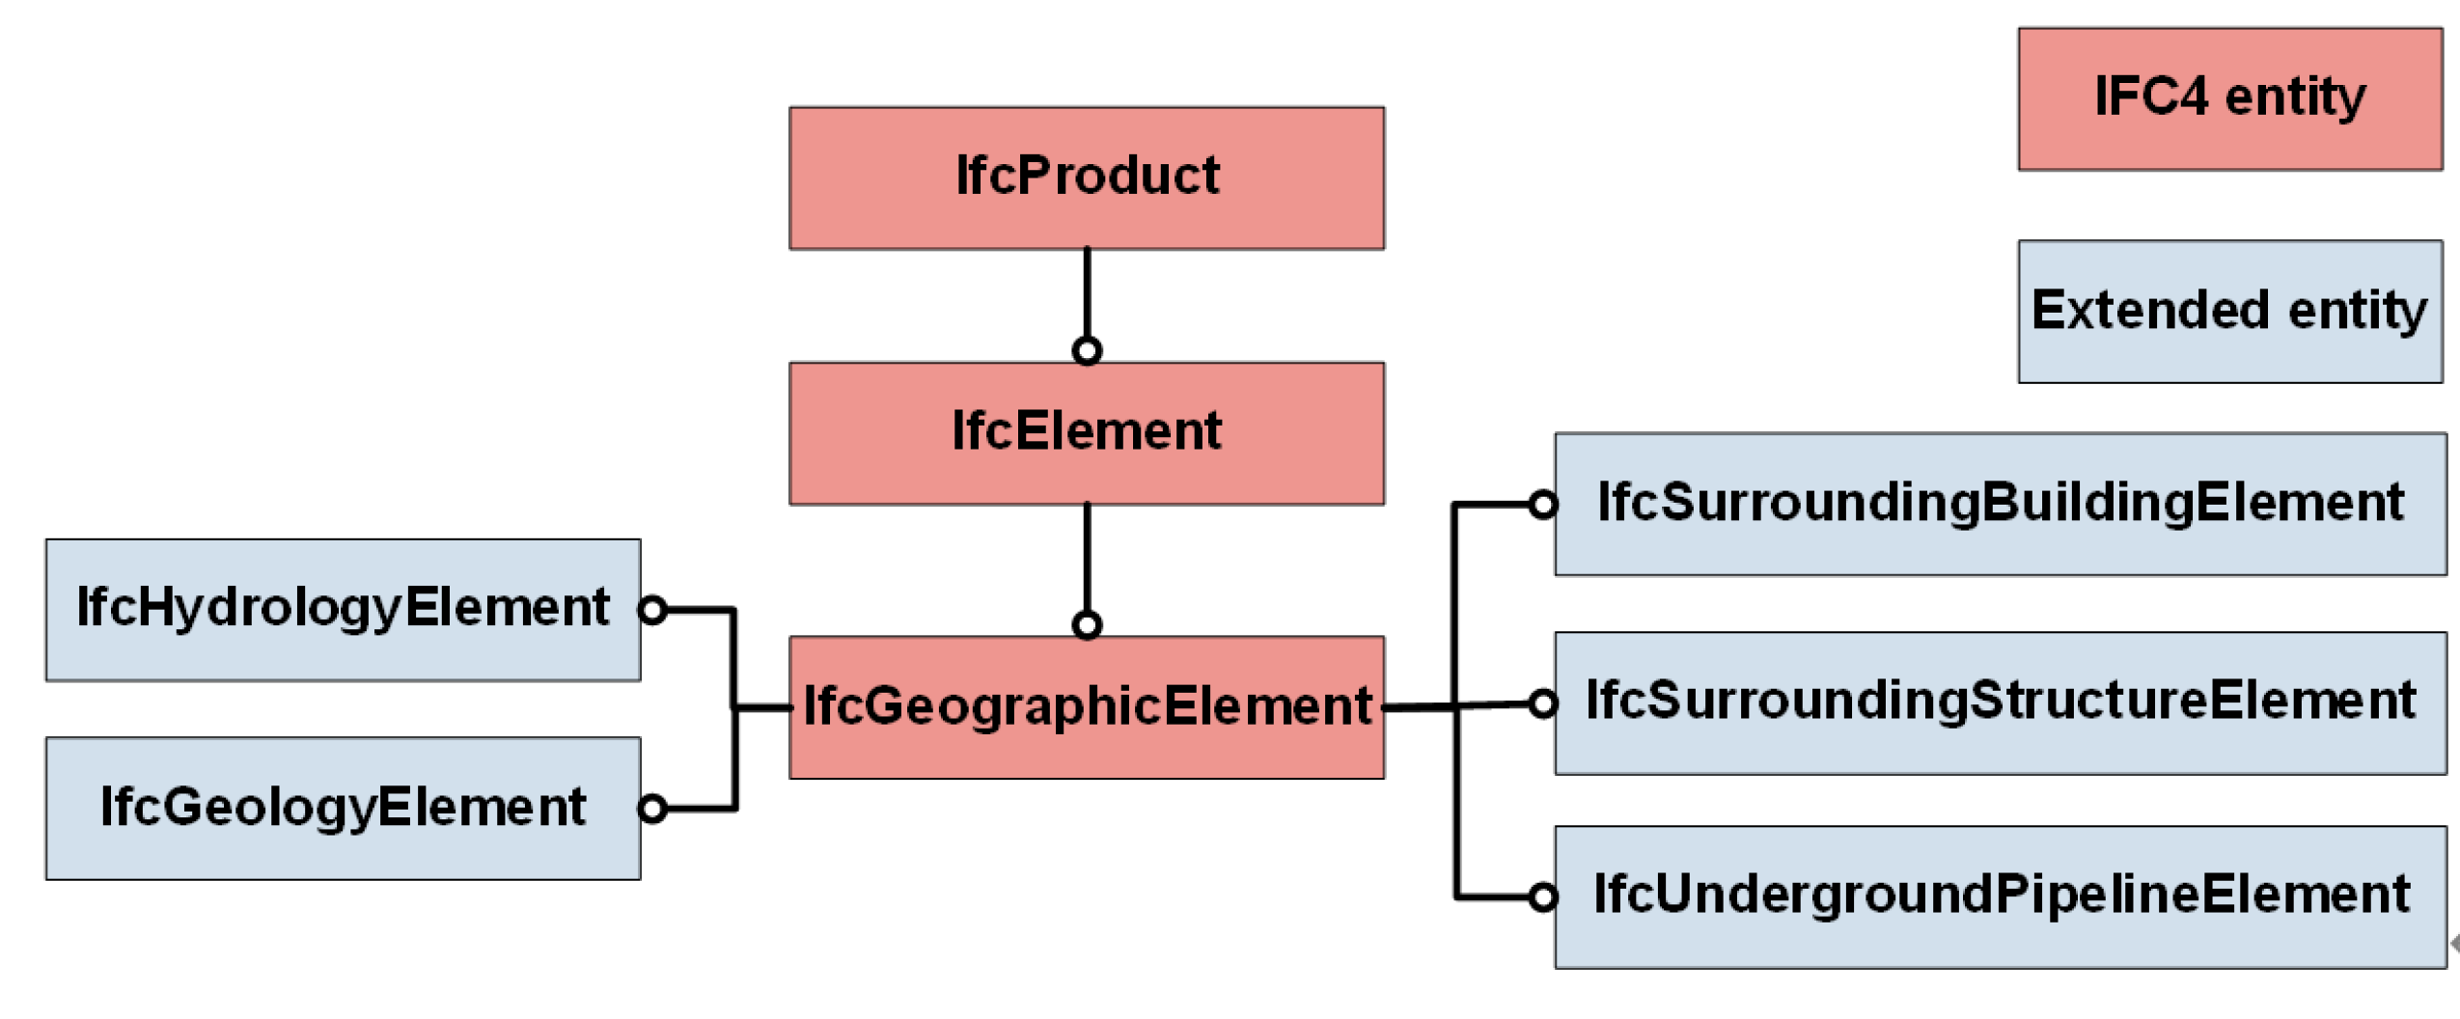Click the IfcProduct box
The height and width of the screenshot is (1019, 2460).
click(1086, 178)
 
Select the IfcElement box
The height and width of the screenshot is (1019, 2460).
click(1086, 432)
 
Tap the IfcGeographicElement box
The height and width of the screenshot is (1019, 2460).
click(1086, 706)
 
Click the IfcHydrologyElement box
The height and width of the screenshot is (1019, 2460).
click(343, 609)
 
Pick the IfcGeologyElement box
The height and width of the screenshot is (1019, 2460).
click(343, 807)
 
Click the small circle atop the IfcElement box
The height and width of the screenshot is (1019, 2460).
click(1087, 350)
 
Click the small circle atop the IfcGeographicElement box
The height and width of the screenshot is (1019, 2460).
click(1087, 624)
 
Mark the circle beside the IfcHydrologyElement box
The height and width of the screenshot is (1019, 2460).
click(653, 609)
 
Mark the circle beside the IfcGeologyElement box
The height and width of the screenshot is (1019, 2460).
click(653, 808)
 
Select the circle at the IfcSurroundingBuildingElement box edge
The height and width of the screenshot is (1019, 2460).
click(1541, 504)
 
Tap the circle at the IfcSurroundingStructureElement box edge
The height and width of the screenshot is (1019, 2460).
click(1541, 703)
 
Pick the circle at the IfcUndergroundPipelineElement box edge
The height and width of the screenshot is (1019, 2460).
click(1541, 896)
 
